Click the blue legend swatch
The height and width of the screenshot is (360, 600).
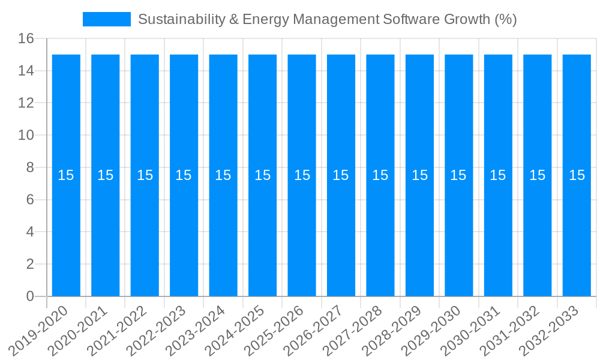pos(106,19)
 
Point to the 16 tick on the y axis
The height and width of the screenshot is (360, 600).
pos(26,39)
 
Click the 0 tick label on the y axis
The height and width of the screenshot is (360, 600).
pos(30,296)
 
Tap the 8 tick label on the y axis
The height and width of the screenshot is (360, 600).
pos(30,167)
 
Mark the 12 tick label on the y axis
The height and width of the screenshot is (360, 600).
pos(26,103)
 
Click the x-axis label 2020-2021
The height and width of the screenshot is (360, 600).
pos(78,331)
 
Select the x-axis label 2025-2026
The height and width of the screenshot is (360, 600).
pos(274,331)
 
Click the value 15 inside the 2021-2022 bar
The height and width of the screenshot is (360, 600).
pos(145,175)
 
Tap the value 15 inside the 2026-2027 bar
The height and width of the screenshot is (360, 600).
pos(341,175)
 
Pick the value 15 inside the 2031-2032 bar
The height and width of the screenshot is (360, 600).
pos(537,175)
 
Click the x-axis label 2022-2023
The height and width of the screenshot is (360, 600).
pos(157,331)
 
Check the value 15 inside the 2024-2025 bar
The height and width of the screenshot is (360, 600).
pos(262,175)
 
